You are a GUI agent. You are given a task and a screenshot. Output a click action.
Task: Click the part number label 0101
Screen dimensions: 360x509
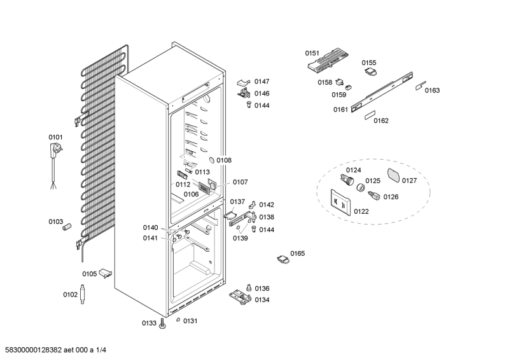pos(56,137)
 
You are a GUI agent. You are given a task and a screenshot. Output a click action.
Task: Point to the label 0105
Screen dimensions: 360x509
pos(89,274)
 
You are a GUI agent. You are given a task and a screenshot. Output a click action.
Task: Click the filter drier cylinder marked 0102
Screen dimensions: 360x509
pos(83,295)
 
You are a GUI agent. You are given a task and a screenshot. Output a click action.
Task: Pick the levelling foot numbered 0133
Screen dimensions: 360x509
pos(163,324)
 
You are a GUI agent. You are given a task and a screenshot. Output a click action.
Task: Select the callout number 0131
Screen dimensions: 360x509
pos(190,321)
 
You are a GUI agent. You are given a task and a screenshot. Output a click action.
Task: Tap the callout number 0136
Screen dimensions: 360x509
pos(262,288)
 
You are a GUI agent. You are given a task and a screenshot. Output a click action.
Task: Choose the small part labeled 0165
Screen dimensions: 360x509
pos(282,258)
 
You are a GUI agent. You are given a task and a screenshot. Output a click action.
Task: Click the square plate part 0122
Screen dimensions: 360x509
pos(341,203)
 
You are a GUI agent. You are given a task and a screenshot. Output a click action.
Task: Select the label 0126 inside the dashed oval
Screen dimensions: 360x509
pos(391,197)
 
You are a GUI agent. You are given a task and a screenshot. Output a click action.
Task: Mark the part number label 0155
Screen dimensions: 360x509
pos(369,62)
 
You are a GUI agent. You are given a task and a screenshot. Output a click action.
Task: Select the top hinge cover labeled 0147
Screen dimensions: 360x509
pos(244,82)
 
